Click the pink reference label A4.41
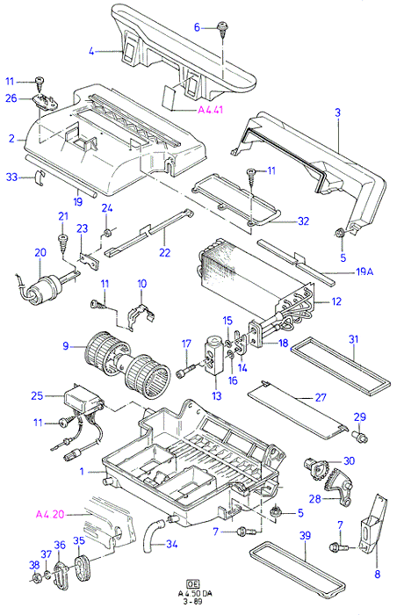coord(210,110)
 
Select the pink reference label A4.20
coord(50,514)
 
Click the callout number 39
coord(305,535)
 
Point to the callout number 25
coord(37,395)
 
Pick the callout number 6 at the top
coord(198,27)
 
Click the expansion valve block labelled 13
coord(214,356)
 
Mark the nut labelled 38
coord(36,578)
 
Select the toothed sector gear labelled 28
coord(337,487)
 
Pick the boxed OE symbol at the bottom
coord(192,582)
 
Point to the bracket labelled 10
coord(141,310)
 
